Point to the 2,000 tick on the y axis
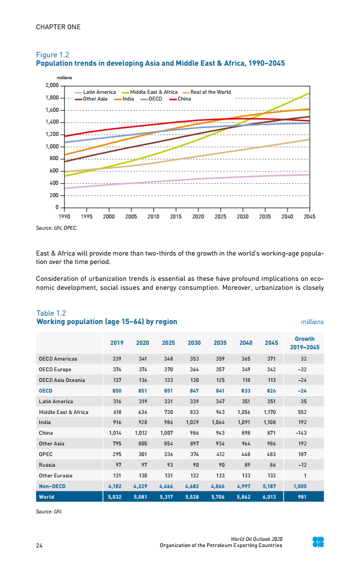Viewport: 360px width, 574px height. [x=51, y=85]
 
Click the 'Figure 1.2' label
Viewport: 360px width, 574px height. [x=52, y=55]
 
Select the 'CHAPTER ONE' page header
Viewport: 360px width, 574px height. [x=58, y=27]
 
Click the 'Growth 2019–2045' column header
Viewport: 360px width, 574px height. [x=304, y=343]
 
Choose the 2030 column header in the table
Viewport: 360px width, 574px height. [x=194, y=343]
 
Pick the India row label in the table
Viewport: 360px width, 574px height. [x=44, y=422]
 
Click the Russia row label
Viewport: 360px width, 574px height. [x=47, y=465]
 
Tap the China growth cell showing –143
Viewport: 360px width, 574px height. [x=304, y=433]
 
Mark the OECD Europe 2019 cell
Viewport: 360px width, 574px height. [x=116, y=369]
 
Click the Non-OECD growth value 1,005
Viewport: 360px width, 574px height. [x=304, y=486]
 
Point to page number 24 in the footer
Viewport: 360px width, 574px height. [x=39, y=545]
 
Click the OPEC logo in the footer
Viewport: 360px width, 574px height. [x=318, y=542]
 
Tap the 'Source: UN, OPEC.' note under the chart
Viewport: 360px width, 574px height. [x=57, y=229]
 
